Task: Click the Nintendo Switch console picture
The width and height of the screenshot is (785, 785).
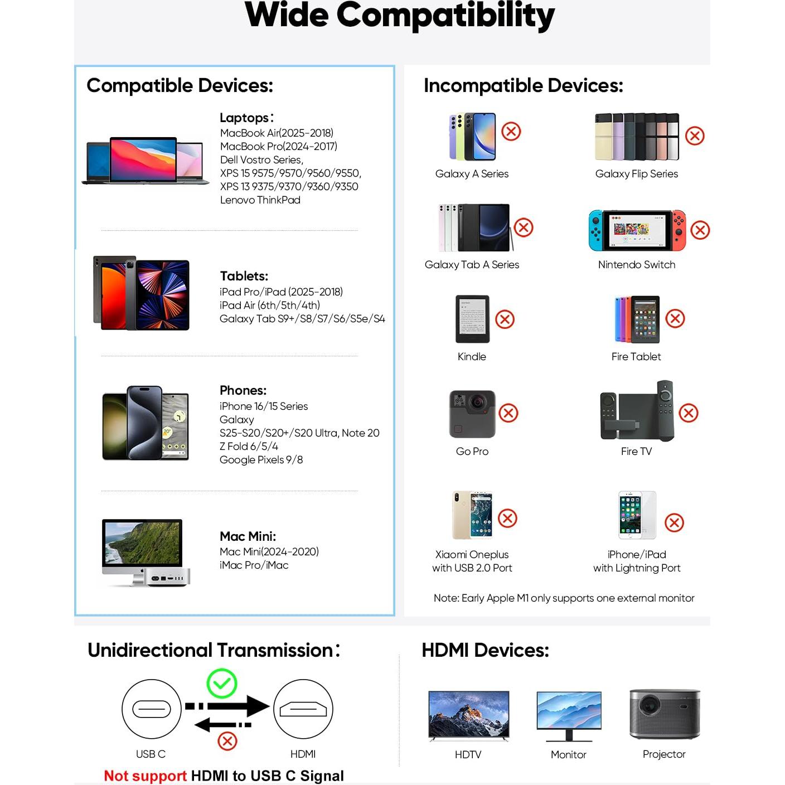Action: click(637, 230)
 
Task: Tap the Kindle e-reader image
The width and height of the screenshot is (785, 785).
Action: click(472, 319)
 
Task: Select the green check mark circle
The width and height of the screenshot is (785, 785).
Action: click(222, 684)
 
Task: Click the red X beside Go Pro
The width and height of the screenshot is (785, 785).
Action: click(508, 413)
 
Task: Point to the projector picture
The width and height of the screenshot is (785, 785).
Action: click(665, 714)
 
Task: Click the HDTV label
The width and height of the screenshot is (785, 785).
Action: click(468, 754)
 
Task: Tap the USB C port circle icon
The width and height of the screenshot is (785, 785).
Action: click(151, 709)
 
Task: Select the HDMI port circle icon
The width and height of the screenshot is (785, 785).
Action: click(303, 709)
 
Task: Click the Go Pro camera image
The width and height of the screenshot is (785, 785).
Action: click(472, 414)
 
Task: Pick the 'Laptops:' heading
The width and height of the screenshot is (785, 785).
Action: click(246, 118)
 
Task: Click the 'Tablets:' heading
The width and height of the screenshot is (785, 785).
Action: click(244, 276)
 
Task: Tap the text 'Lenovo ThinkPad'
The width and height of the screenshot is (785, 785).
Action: click(260, 200)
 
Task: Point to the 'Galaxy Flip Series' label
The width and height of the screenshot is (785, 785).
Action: click(637, 173)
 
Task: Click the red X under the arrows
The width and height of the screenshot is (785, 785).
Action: click(227, 742)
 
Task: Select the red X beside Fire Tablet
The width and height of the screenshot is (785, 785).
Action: click(675, 318)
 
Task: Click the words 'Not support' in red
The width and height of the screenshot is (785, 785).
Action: click(145, 776)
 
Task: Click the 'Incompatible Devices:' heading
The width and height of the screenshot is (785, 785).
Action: click(523, 85)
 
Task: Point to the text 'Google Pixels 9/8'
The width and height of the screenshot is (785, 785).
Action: click(261, 459)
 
